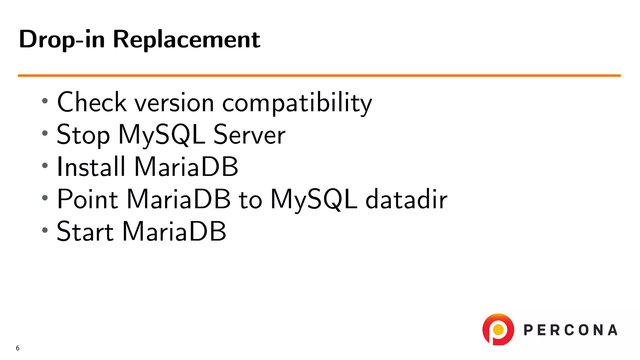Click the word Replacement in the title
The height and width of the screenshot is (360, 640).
pyautogui.click(x=186, y=39)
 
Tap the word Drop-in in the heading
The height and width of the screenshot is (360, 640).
pyautogui.click(x=62, y=39)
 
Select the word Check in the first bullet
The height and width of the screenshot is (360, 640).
pyautogui.click(x=92, y=102)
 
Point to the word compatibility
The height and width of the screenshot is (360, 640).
pyautogui.click(x=297, y=103)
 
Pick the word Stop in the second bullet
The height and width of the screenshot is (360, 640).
pyautogui.click(x=83, y=135)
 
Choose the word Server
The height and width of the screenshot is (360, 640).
pyautogui.click(x=249, y=135)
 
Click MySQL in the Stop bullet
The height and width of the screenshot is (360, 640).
pyautogui.click(x=162, y=135)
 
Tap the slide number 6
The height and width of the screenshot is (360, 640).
pyautogui.click(x=17, y=348)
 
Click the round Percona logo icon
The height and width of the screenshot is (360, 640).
pyautogui.click(x=498, y=330)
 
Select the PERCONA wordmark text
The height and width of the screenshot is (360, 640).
pyautogui.click(x=570, y=330)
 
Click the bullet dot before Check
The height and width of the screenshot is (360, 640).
pyautogui.click(x=45, y=101)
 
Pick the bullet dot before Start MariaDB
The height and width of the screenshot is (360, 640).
pyautogui.click(x=45, y=230)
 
